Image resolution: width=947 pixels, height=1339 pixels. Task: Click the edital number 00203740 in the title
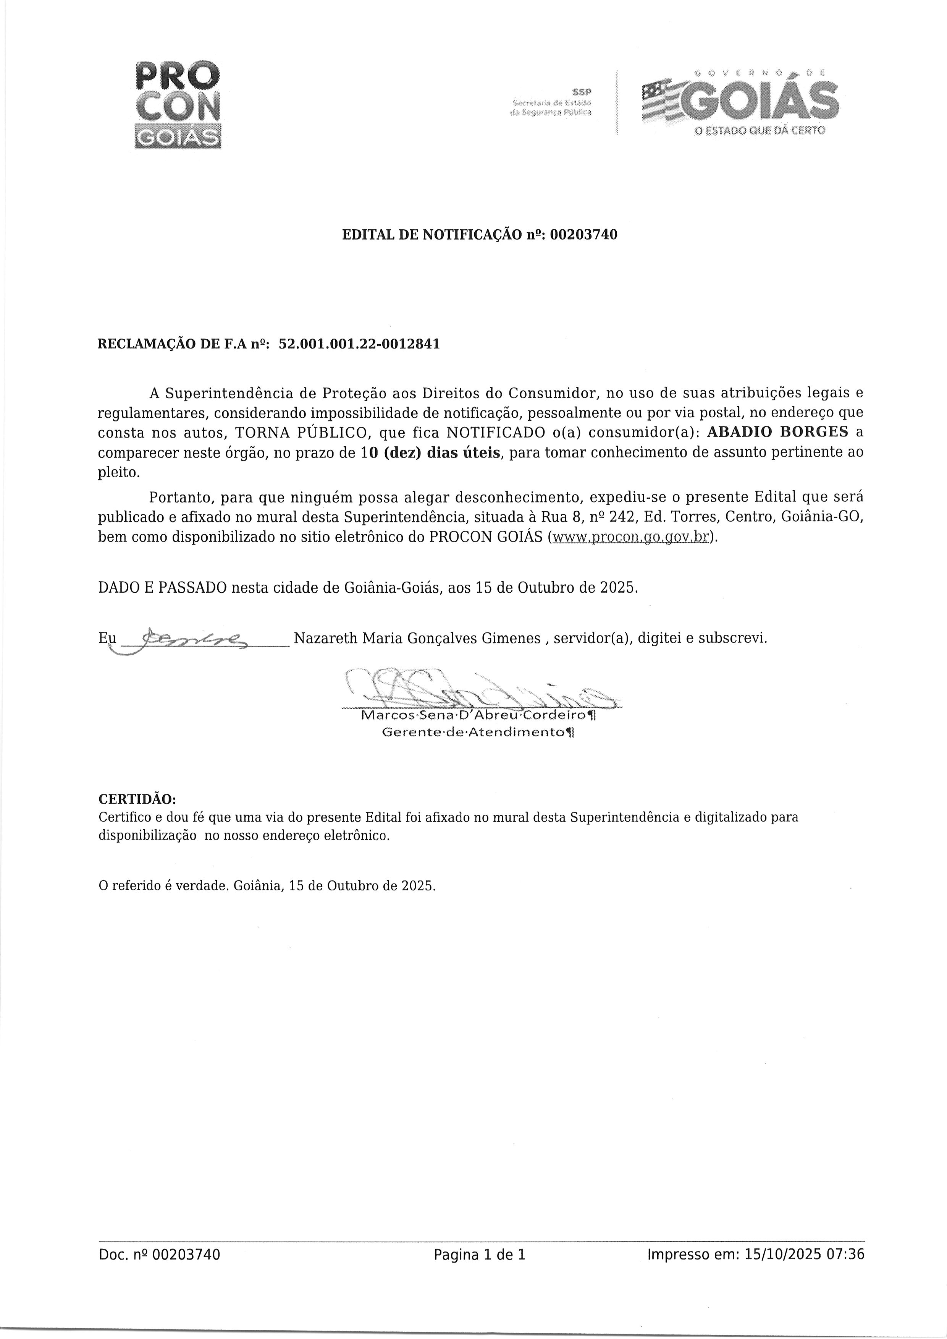583,235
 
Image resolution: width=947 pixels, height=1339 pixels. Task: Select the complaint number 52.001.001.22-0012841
359,344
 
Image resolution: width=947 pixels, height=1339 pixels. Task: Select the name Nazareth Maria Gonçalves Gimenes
417,638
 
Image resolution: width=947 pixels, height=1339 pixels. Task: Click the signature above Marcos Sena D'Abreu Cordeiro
478,689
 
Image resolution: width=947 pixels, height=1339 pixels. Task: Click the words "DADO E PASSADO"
162,587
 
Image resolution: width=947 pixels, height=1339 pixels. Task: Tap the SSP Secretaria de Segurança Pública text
551,102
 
